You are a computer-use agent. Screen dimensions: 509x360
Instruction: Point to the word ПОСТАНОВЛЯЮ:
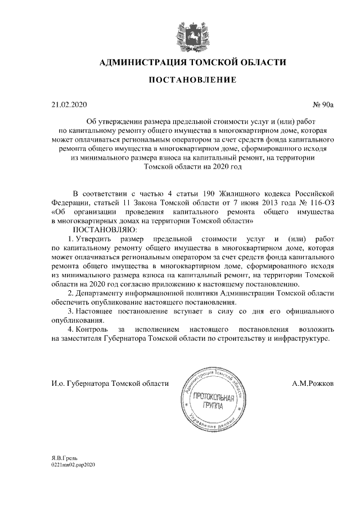104,229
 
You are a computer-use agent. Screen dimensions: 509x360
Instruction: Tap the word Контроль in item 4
91,328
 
